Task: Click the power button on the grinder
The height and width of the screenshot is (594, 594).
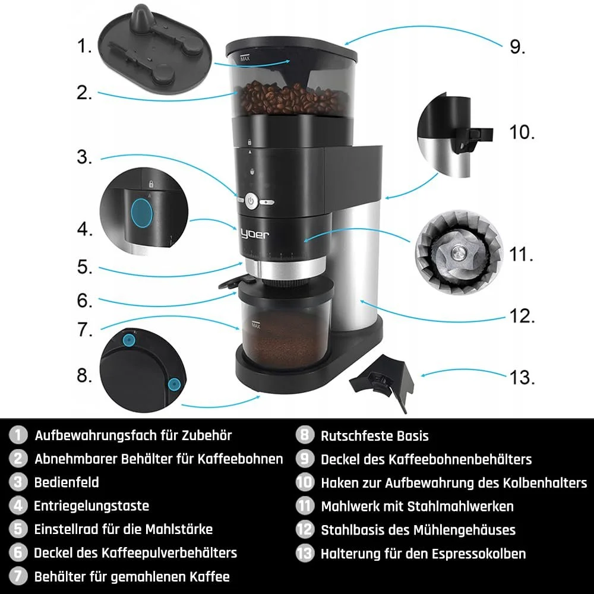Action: (x=251, y=202)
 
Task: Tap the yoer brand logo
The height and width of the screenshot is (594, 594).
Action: (x=255, y=234)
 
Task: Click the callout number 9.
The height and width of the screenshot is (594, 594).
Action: (x=517, y=47)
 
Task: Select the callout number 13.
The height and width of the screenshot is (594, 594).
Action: (x=521, y=377)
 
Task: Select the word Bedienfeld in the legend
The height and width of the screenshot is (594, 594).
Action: (x=67, y=482)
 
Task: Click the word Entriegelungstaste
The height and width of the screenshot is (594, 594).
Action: (x=91, y=506)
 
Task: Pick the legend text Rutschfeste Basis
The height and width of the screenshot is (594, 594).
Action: (x=374, y=435)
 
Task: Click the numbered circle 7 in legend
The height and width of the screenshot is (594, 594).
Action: (x=18, y=576)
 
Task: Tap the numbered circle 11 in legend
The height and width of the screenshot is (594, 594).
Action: (x=305, y=506)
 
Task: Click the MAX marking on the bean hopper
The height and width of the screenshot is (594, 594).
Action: (x=244, y=58)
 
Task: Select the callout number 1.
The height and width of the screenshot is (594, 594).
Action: (x=85, y=46)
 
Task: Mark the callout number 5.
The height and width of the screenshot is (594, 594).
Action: (x=85, y=267)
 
